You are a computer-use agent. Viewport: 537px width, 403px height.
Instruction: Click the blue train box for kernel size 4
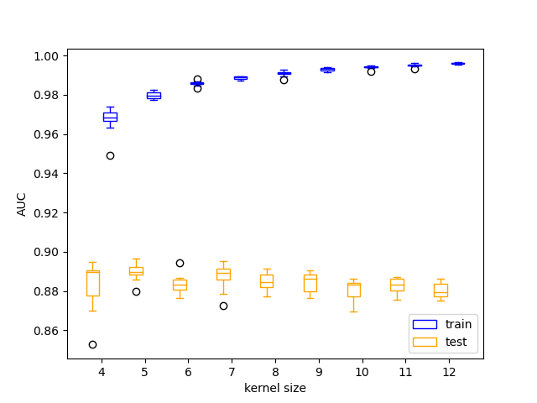[110, 117]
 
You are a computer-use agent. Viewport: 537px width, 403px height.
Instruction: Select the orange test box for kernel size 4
[92, 283]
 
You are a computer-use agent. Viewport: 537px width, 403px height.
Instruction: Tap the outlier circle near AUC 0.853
[92, 344]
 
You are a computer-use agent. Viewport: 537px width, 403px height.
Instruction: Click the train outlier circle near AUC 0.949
[110, 155]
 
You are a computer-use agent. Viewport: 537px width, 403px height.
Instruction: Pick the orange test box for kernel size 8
[267, 281]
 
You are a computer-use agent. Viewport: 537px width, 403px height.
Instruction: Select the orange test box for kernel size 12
[441, 290]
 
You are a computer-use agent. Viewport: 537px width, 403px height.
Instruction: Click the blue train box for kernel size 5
[154, 96]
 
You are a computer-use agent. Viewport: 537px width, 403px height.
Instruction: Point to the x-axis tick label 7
[232, 372]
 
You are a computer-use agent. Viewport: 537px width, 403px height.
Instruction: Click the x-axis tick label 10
[362, 372]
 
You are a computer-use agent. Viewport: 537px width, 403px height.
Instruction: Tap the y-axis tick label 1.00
[45, 56]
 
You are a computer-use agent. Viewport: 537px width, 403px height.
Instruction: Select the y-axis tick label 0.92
[45, 213]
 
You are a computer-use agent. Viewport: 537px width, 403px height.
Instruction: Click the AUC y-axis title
[22, 204]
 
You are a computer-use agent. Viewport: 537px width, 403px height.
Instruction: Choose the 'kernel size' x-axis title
[275, 388]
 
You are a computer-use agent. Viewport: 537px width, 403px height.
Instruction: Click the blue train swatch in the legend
[425, 324]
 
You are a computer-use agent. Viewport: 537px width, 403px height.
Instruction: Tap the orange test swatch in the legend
[425, 342]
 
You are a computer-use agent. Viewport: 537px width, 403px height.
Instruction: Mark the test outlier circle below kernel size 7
[223, 306]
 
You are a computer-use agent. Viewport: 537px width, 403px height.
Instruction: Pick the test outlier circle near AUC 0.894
[180, 263]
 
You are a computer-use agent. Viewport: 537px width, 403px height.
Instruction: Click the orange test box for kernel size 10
[354, 290]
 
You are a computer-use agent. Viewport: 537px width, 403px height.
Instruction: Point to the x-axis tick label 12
[449, 372]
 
